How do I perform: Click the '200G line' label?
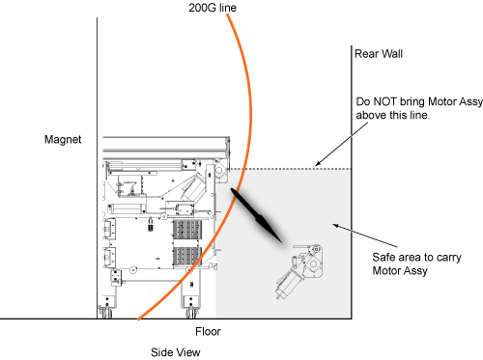[x=213, y=8]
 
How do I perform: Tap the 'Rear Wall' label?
[x=379, y=54]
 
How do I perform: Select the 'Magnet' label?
[x=63, y=140]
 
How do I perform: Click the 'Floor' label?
[x=208, y=331]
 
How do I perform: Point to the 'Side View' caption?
[x=176, y=352]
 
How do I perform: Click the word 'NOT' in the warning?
[x=384, y=101]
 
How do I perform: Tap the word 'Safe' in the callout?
[x=384, y=258]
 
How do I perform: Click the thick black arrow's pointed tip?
[x=282, y=243]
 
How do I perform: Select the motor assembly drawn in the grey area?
[x=298, y=271]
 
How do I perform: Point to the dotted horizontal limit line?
[x=290, y=169]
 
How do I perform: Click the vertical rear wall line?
[x=352, y=182]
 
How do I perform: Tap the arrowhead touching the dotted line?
[x=317, y=164]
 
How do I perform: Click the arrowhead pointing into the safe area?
[x=335, y=226]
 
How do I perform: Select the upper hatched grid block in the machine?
[x=187, y=230]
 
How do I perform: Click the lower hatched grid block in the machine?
[x=187, y=257]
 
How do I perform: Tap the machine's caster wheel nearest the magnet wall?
[x=106, y=313]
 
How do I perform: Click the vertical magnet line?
[x=97, y=168]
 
